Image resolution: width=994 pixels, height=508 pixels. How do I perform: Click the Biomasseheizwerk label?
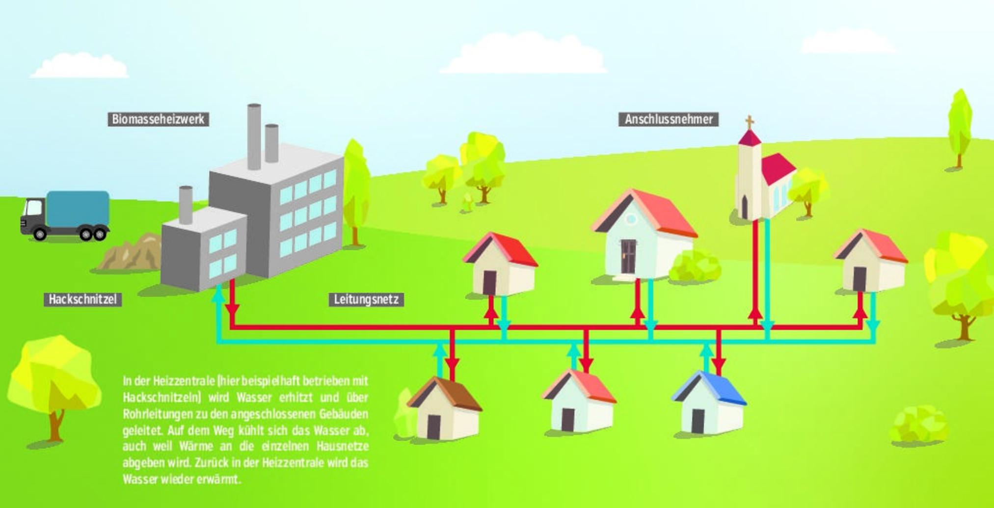pyautogui.click(x=158, y=119)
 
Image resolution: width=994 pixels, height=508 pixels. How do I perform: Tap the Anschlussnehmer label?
pyautogui.click(x=668, y=119)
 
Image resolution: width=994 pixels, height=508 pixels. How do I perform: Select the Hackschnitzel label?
pyautogui.click(x=82, y=299)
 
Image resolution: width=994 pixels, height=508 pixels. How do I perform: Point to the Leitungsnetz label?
pyautogui.click(x=366, y=299)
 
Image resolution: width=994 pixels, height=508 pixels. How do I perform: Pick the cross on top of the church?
pyautogui.click(x=749, y=121)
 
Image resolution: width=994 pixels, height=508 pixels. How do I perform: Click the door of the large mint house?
pyautogui.click(x=628, y=256)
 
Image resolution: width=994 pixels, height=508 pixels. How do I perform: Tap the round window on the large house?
pyautogui.click(x=631, y=219)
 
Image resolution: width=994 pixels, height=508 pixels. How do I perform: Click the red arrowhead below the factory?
pyautogui.click(x=232, y=310)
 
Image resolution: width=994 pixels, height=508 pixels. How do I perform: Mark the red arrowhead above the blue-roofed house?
pyautogui.click(x=719, y=366)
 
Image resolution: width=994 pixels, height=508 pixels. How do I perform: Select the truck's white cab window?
pyautogui.click(x=34, y=208)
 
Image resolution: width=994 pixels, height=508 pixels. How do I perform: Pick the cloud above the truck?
pyautogui.click(x=80, y=66)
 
